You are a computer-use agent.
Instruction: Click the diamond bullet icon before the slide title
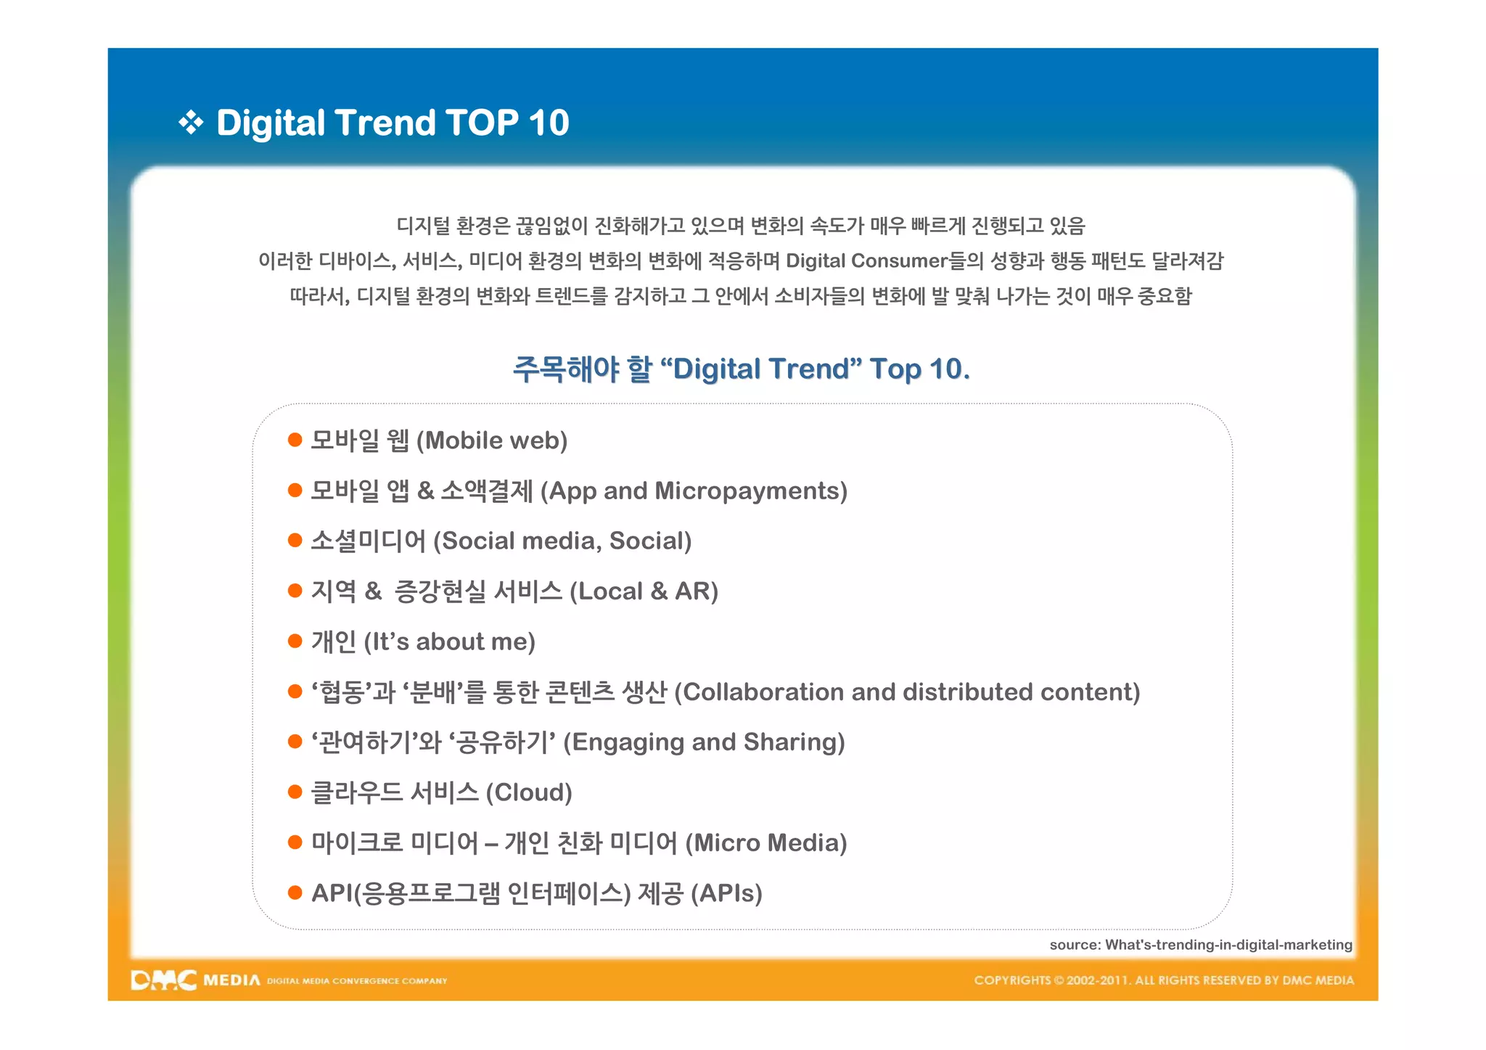tap(191, 123)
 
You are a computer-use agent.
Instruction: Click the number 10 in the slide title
tap(549, 123)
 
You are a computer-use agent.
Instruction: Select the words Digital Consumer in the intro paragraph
tap(867, 261)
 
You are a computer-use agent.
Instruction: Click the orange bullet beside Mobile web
tap(295, 440)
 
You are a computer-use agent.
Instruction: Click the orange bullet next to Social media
tap(295, 541)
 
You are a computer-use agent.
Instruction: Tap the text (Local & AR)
tap(644, 591)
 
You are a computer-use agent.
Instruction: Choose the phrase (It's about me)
tap(449, 641)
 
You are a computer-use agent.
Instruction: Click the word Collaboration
tap(764, 692)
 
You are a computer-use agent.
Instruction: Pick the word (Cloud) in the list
tap(528, 792)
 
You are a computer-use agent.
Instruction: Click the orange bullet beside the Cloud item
tap(295, 792)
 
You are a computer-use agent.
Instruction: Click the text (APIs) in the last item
tap(726, 893)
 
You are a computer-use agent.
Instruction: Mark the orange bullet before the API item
tap(295, 893)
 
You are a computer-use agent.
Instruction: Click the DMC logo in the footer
tap(164, 980)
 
